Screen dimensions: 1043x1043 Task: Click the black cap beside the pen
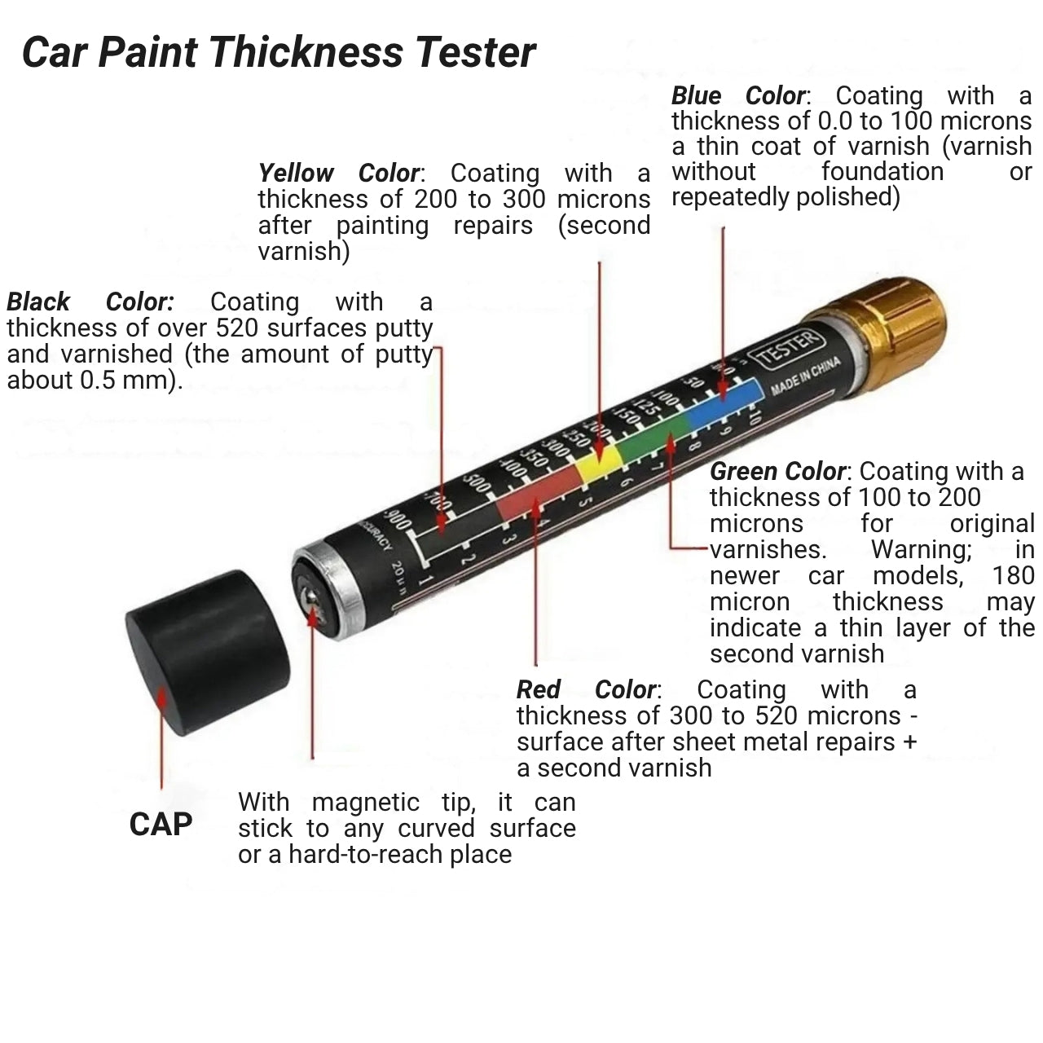[208, 651]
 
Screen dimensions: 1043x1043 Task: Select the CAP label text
[161, 825]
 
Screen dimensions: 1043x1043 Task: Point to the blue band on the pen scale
[725, 403]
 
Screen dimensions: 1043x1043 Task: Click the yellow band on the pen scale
[599, 464]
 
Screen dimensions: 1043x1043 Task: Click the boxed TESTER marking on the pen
[788, 350]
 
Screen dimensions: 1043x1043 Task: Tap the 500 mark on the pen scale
[476, 481]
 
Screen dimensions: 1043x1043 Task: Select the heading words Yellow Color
[339, 174]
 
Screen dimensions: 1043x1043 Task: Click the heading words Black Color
[90, 302]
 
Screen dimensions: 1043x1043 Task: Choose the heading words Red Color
[588, 690]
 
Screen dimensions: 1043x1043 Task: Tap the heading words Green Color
[778, 472]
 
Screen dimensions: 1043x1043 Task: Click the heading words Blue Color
[738, 96]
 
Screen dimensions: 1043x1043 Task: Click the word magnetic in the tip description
[365, 803]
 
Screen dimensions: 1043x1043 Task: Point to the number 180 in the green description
[1013, 576]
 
